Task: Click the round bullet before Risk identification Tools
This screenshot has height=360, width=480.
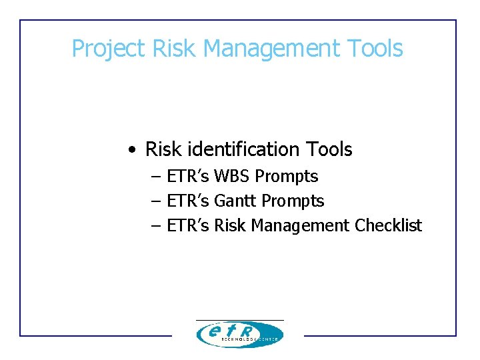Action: pos(134,150)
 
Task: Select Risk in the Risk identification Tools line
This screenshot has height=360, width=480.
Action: pos(163,149)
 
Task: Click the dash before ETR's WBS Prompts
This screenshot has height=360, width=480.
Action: pos(156,177)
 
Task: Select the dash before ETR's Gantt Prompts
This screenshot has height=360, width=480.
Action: pos(156,201)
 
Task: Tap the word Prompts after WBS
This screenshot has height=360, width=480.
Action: pos(287,177)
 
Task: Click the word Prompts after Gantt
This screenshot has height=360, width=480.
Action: pos(293,201)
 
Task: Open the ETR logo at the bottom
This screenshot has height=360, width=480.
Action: pos(239,333)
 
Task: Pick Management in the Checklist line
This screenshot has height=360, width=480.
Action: pos(300,226)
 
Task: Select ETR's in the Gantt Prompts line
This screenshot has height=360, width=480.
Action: pos(188,201)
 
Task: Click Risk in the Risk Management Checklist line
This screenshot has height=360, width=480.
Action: pos(230,226)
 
